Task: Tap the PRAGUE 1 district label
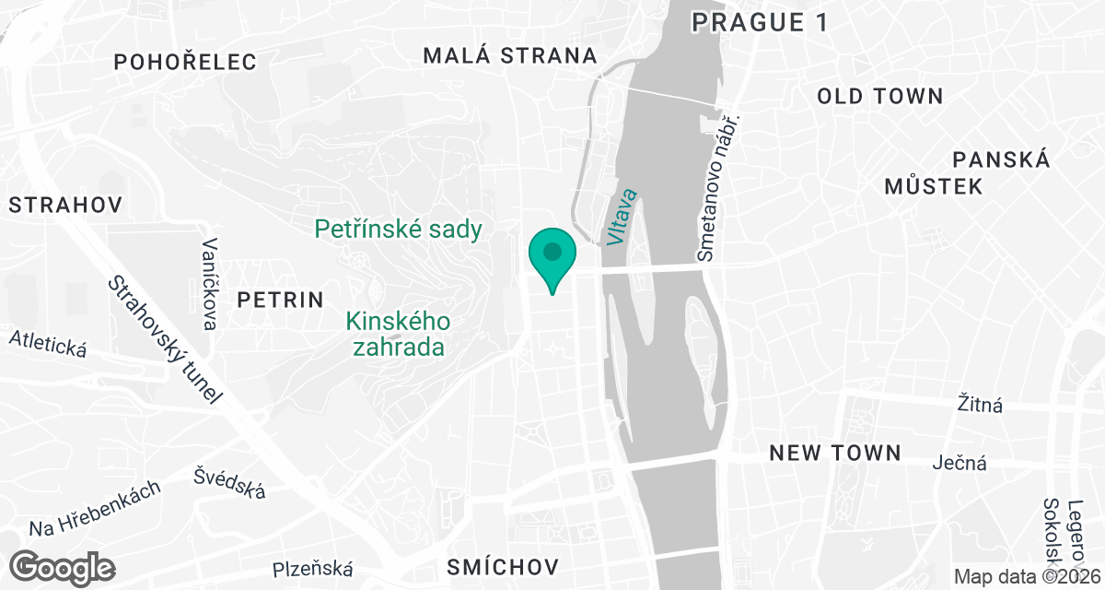[760, 21]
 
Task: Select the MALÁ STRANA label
[510, 55]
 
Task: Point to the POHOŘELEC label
[184, 62]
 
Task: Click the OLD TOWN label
[880, 96]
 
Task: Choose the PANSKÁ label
[1002, 159]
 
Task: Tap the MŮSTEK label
[933, 186]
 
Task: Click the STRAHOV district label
[65, 205]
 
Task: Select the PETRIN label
[281, 300]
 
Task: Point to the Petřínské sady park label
[399, 229]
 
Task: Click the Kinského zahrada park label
[398, 334]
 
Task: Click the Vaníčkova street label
[210, 284]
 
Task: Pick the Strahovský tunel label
[166, 339]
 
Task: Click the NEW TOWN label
[835, 453]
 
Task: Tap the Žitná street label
[980, 404]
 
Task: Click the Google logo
[64, 566]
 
